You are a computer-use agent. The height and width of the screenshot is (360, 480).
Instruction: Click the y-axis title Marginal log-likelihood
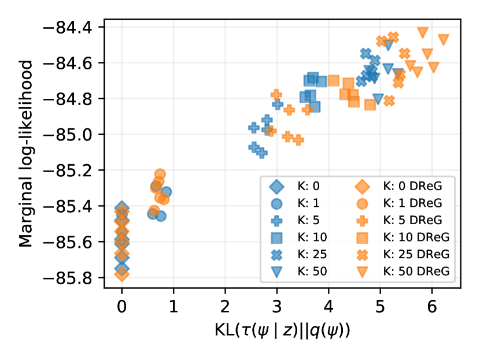coord(25,153)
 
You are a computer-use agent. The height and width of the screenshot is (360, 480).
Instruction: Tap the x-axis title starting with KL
coord(282,332)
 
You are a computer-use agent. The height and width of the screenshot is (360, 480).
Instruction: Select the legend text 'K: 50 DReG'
coord(415,271)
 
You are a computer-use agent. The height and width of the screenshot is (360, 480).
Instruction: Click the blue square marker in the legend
coord(277,237)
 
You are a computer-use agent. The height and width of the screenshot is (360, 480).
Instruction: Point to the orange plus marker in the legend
coord(361,220)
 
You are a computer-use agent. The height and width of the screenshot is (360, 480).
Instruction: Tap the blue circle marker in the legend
coord(277,203)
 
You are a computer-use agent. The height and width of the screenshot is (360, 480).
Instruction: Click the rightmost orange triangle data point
coord(444,39)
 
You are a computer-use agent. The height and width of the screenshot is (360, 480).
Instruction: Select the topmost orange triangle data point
coord(423,32)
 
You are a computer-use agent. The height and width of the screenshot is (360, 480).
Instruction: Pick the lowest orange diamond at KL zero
coord(122,274)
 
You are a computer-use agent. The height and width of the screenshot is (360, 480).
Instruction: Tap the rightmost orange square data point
coord(370,105)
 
